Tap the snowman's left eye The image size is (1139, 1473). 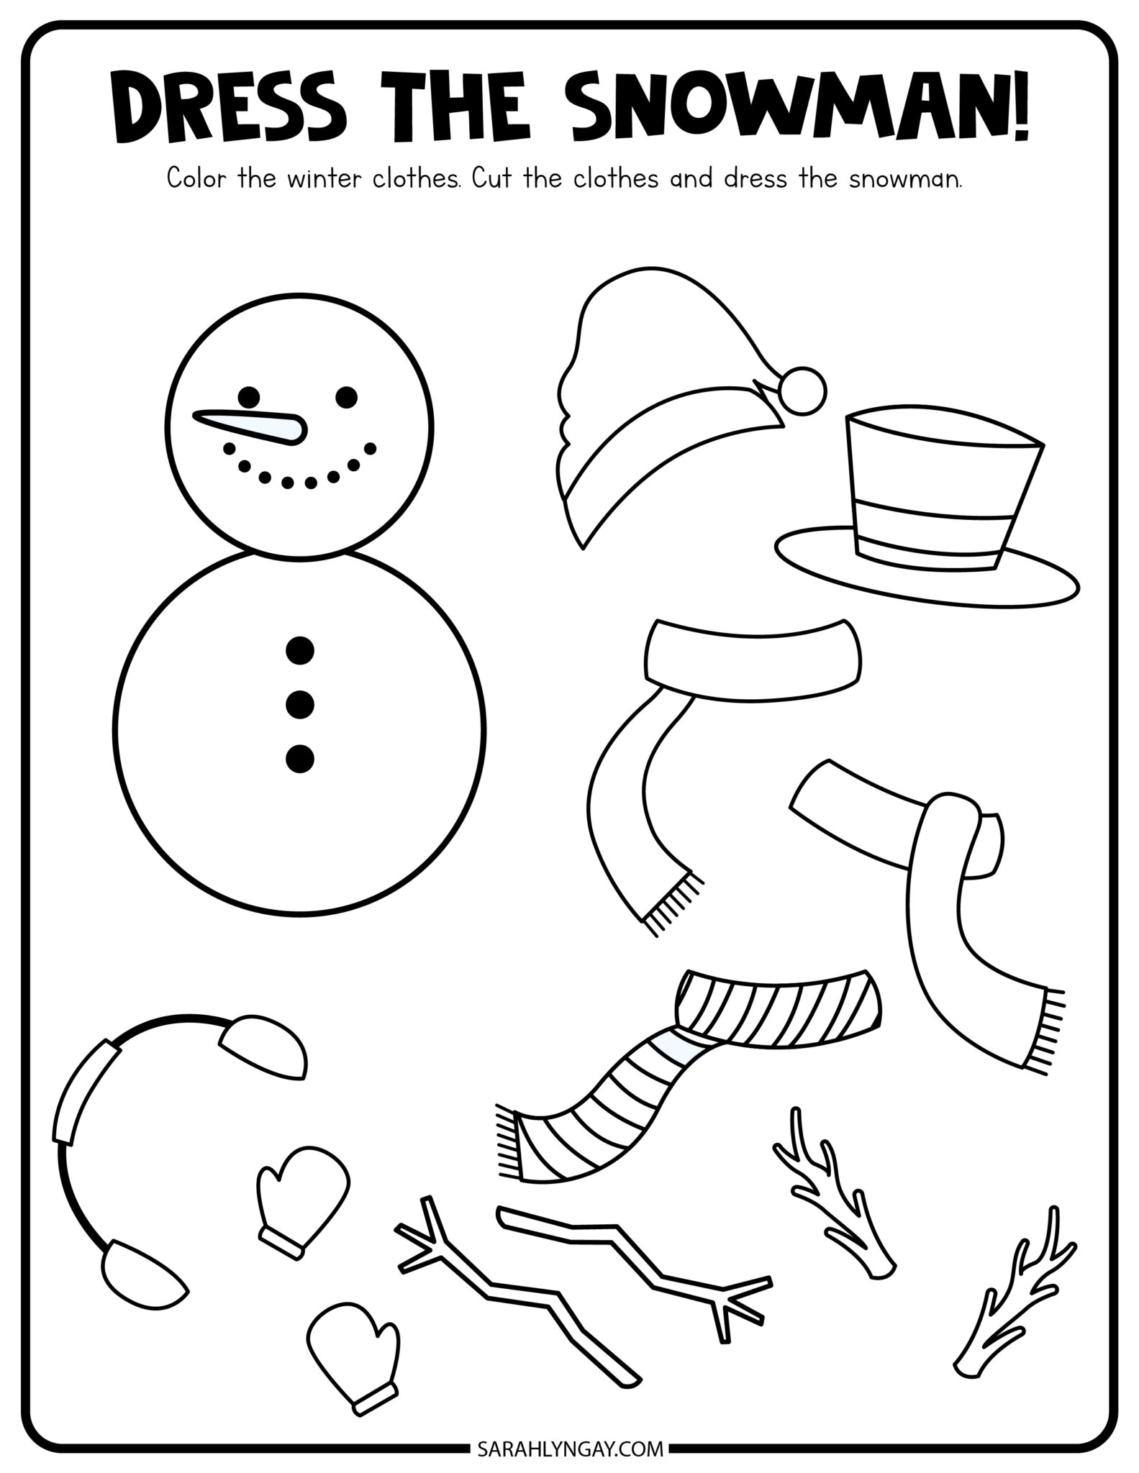(x=249, y=396)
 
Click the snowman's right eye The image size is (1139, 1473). (x=346, y=396)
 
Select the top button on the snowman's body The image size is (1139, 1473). (x=300, y=650)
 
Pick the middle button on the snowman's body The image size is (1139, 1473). (x=300, y=704)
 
